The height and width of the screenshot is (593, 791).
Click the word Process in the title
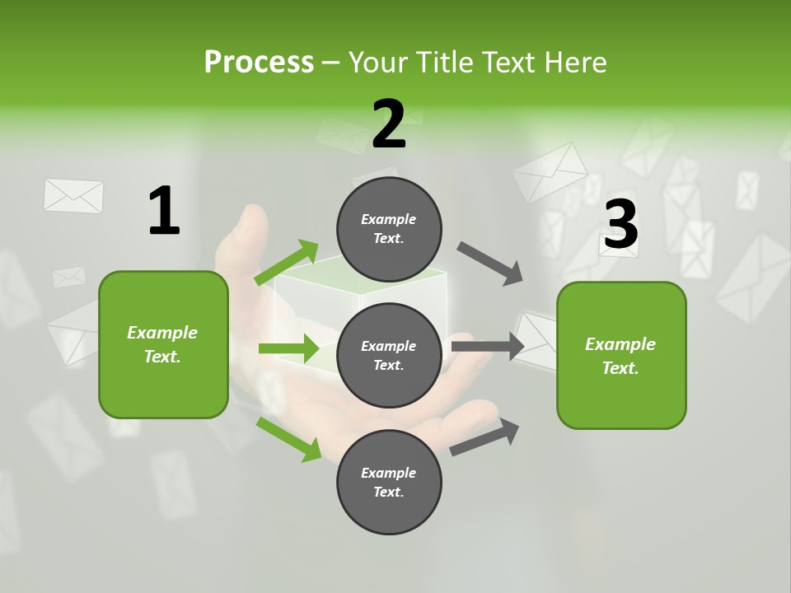click(259, 63)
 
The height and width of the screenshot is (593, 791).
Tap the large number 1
click(164, 211)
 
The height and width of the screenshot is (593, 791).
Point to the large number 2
click(389, 124)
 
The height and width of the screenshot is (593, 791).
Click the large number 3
click(620, 225)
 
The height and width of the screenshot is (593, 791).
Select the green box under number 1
click(163, 344)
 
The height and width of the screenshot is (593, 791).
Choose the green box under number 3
click(621, 356)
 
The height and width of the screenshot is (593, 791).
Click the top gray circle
click(389, 229)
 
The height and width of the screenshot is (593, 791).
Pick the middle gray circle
click(389, 355)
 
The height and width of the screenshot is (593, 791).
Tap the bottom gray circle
click(389, 482)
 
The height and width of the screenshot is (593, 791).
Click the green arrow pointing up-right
click(288, 263)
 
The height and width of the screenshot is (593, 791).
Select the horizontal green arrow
click(288, 348)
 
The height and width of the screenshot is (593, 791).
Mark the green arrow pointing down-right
click(289, 439)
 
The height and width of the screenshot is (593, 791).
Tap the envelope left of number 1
click(73, 196)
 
